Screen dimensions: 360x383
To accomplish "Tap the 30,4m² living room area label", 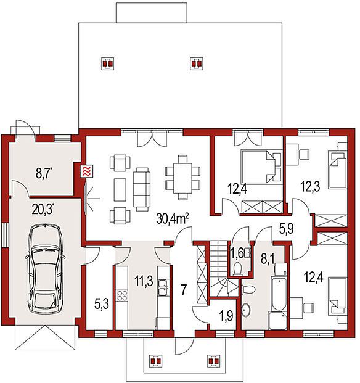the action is pyautogui.click(x=173, y=219).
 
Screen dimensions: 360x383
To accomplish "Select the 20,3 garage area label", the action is pyautogui.click(x=43, y=209).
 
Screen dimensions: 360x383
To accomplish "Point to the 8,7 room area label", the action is pyautogui.click(x=44, y=174).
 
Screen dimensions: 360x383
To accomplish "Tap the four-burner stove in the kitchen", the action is pyautogui.click(x=122, y=295).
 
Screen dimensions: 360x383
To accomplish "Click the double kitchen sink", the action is pyautogui.click(x=163, y=287).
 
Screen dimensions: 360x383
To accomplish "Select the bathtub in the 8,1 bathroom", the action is pyautogui.click(x=279, y=292).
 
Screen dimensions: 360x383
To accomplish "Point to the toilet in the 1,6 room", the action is pyautogui.click(x=237, y=269).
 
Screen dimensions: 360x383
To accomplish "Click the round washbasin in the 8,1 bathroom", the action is pyautogui.click(x=246, y=310).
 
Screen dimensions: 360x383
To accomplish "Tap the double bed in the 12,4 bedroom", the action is pyautogui.click(x=261, y=167).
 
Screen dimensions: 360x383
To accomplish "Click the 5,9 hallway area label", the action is pyautogui.click(x=287, y=229).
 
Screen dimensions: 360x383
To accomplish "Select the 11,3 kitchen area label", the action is pyautogui.click(x=144, y=281).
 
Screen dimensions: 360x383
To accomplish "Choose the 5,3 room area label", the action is pyautogui.click(x=101, y=305).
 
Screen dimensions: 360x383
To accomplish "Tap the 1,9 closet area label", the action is pyautogui.click(x=226, y=316).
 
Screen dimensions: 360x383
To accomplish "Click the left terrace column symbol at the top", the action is pyautogui.click(x=107, y=64).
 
